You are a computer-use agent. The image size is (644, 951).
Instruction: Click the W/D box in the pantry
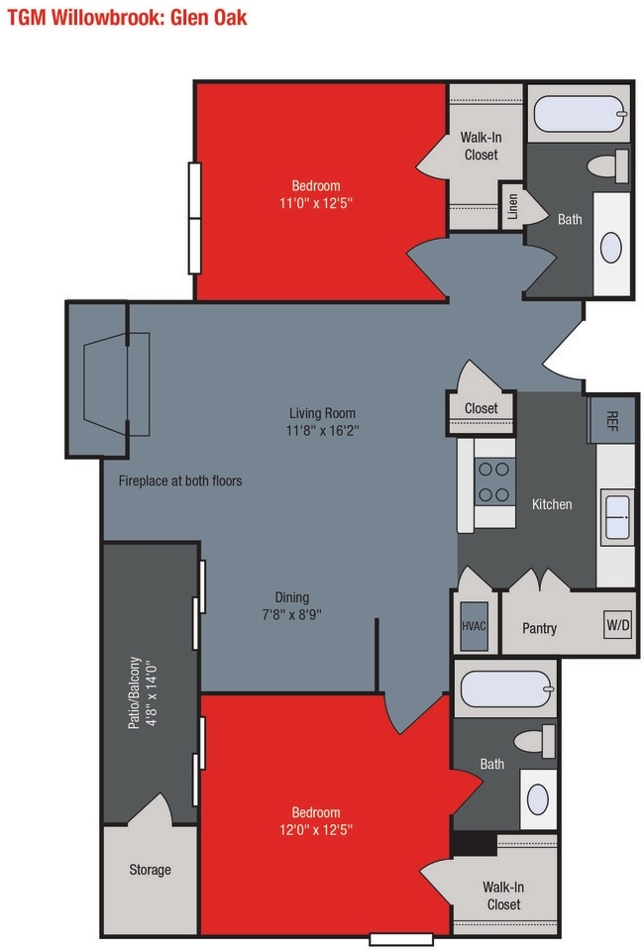click(x=618, y=624)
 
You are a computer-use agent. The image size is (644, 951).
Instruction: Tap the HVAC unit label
click(x=474, y=626)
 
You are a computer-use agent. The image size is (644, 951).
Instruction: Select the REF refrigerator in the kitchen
click(x=611, y=420)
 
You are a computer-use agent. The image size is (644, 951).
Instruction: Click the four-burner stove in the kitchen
click(x=494, y=482)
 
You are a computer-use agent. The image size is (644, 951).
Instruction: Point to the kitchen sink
click(x=617, y=517)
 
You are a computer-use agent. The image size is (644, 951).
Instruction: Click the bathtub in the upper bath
click(x=580, y=113)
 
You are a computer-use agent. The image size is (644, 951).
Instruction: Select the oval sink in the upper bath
click(x=611, y=248)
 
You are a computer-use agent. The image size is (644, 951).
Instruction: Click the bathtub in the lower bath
click(x=507, y=690)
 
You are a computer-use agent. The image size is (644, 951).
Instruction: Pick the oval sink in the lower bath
click(x=538, y=799)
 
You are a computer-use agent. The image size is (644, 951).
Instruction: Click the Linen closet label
click(x=513, y=206)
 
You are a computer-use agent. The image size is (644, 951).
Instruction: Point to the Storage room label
click(x=150, y=870)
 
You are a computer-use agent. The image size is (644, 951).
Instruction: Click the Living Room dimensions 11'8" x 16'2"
click(x=322, y=431)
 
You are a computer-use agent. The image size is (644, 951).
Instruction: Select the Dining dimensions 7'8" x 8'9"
click(x=291, y=614)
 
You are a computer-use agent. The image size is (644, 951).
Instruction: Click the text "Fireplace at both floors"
click(x=180, y=481)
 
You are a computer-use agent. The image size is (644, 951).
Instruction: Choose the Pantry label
click(x=540, y=628)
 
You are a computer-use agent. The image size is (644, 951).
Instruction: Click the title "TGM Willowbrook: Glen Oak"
click(x=128, y=17)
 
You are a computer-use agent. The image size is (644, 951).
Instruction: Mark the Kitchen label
click(x=552, y=504)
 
